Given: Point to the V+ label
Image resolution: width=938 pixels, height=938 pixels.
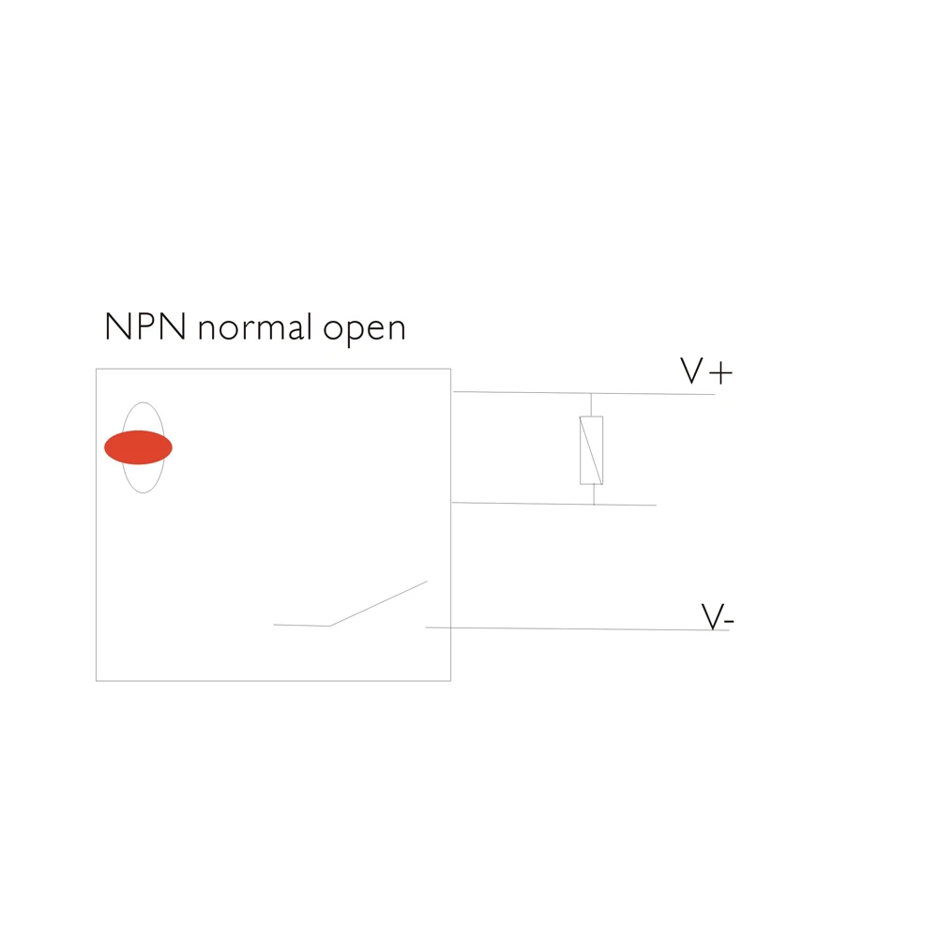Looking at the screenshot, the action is [x=705, y=372].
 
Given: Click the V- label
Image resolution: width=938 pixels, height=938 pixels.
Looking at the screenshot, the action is [x=718, y=617].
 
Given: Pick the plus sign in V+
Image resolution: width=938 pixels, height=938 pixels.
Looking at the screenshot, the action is [x=720, y=374].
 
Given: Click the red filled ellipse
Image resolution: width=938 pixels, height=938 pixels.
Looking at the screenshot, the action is [x=138, y=447].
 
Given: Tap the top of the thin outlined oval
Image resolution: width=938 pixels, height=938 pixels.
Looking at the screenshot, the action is [x=143, y=402].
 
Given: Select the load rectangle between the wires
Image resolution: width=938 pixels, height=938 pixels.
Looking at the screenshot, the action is [x=591, y=450].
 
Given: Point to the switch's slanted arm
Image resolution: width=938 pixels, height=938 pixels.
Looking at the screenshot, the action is [x=378, y=603].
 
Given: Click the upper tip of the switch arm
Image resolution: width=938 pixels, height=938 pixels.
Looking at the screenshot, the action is [x=427, y=582].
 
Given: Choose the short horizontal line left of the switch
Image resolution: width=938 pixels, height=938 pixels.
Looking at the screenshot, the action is [x=301, y=625].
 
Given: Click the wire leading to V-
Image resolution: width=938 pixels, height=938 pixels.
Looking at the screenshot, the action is [x=577, y=628].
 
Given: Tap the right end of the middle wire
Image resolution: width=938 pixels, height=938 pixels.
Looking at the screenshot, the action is [x=656, y=506].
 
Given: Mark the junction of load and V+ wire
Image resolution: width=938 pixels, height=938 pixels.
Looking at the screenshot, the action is [x=591, y=393].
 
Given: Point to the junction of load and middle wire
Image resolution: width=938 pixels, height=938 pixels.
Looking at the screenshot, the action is [x=594, y=505].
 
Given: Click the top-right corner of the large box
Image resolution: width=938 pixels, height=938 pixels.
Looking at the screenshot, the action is [x=450, y=369].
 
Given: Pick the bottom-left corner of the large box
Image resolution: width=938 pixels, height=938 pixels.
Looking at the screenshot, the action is [x=96, y=680].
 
